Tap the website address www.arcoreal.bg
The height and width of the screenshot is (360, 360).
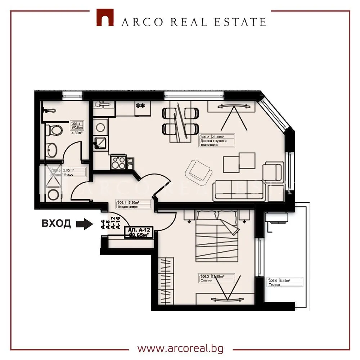click(x=180, y=348)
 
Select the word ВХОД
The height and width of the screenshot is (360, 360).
click(x=57, y=224)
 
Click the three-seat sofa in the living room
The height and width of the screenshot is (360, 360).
click(x=239, y=189)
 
